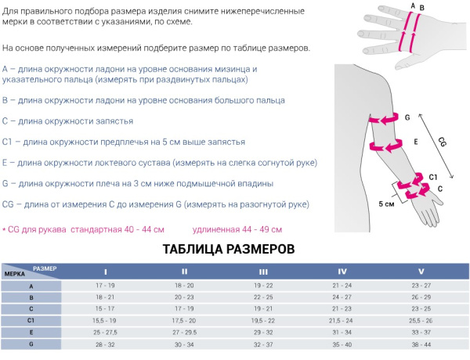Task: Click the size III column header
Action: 263,271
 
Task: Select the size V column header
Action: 421,271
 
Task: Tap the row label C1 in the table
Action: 31,320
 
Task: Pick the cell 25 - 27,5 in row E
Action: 106,332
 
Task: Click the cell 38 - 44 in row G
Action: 421,344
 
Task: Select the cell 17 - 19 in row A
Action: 106,286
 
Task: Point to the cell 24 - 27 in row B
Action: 342,297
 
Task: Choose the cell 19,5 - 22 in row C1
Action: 263,320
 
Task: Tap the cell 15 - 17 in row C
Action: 106,308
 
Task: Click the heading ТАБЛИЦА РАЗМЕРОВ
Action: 228,249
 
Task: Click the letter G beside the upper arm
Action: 407,118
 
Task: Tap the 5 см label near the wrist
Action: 385,203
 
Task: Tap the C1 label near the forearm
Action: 432,178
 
